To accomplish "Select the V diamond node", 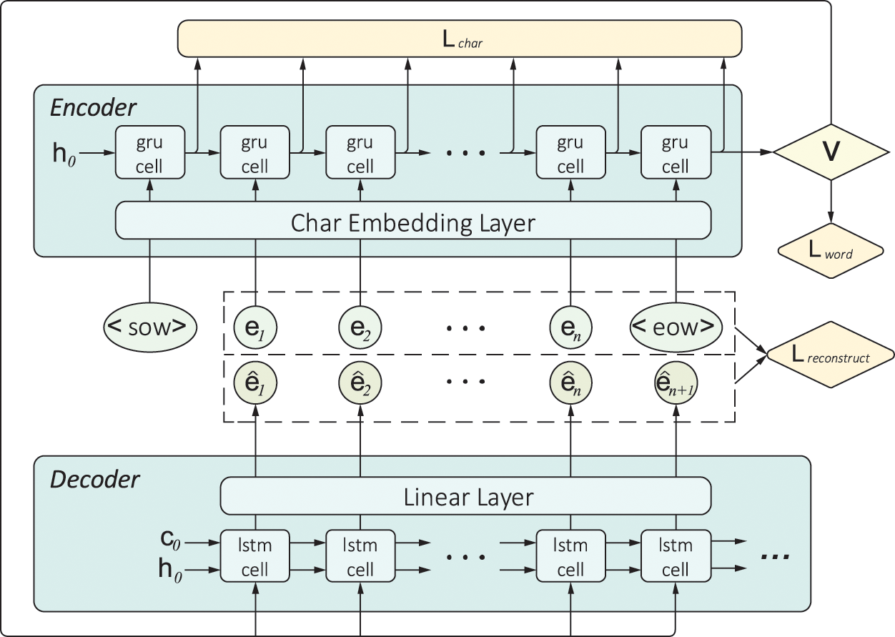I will click(830, 152).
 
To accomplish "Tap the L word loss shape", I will click(830, 250).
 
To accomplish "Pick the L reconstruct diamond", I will click(830, 355).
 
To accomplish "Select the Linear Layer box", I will click(465, 495).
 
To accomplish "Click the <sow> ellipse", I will click(149, 327).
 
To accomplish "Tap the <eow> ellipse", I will click(676, 327).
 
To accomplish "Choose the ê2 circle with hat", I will click(360, 384).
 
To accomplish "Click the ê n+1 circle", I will click(676, 384).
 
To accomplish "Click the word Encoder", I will click(93, 108).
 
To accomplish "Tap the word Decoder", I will click(94, 479).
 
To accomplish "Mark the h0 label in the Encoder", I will click(64, 153).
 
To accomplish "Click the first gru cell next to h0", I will click(149, 152).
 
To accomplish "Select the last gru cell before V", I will click(676, 152).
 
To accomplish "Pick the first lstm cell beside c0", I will click(255, 557).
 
